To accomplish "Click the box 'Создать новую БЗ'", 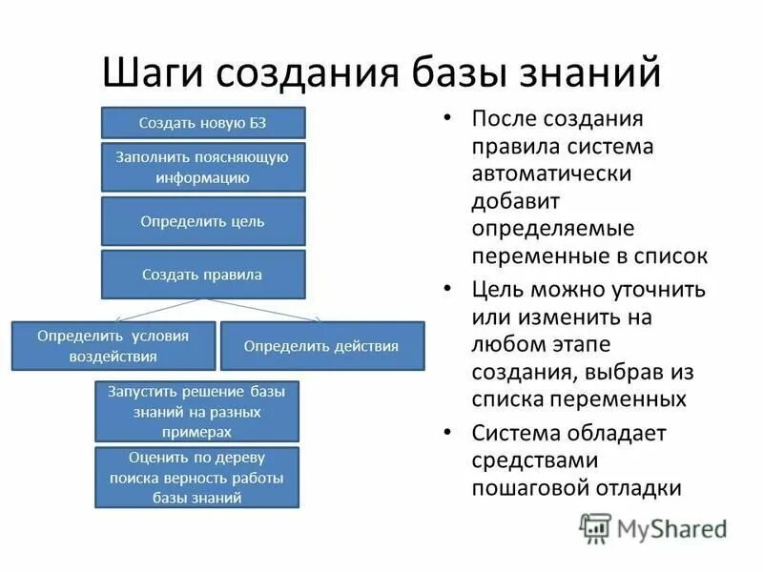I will coord(203,123).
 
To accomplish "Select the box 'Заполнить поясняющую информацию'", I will coord(203,166).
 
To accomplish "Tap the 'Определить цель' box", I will coord(203,221).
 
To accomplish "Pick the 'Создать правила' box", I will coord(203,275).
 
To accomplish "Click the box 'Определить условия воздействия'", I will coord(113,346).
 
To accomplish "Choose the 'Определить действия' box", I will coord(321,346).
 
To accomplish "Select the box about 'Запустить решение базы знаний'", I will coord(197,411).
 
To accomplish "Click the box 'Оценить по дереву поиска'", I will coord(197,477).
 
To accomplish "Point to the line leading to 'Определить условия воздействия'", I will coord(157,310).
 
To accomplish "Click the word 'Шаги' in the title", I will coord(155,73).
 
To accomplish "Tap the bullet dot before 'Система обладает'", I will coord(447,432).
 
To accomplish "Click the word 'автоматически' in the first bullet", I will coord(550,174).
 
